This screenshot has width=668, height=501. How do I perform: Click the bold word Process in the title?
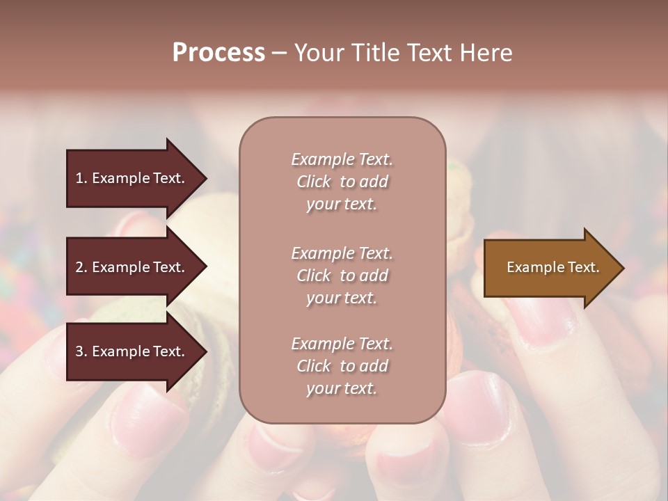[218, 53]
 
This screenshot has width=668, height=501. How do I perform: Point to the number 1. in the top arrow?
[81, 178]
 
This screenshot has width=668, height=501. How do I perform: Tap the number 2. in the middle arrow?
[81, 267]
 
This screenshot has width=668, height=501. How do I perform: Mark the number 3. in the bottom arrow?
[81, 351]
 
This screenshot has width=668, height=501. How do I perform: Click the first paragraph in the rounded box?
[342, 182]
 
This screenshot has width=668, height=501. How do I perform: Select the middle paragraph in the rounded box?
[342, 276]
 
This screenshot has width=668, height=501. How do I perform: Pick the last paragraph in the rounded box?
[342, 366]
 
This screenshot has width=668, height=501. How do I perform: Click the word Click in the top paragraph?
[314, 182]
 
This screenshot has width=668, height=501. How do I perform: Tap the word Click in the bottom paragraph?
[314, 366]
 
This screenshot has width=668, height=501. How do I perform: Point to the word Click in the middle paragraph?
[314, 276]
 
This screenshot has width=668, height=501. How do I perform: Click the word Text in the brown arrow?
[584, 267]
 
